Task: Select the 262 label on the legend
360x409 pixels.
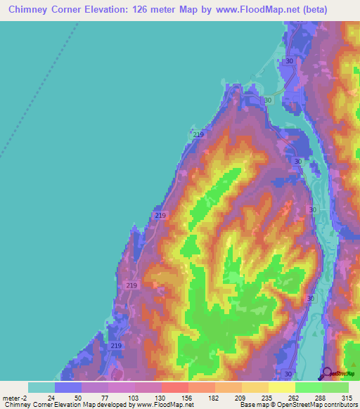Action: click(x=293, y=398)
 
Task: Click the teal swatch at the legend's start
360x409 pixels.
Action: click(x=41, y=387)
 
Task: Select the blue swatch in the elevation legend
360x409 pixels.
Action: click(x=68, y=387)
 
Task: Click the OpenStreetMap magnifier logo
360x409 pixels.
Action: click(x=328, y=374)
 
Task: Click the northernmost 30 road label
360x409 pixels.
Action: click(x=289, y=62)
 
